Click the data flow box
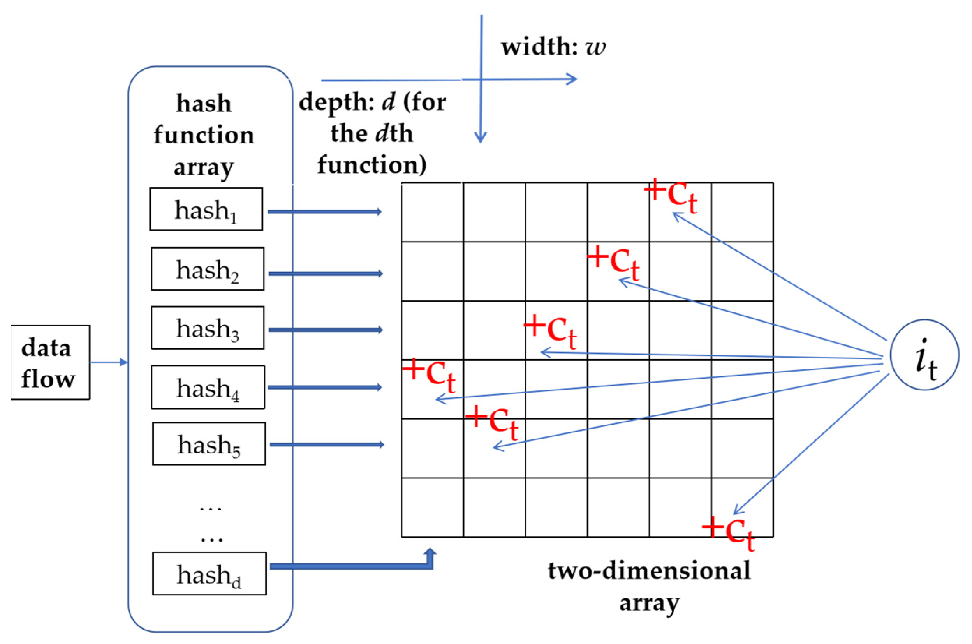click(x=50, y=362)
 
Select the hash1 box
click(x=206, y=209)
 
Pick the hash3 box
click(x=207, y=328)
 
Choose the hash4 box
click(x=208, y=387)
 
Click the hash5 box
click(x=209, y=444)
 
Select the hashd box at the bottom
click(x=210, y=574)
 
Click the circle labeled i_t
click(x=924, y=355)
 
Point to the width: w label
click(x=553, y=46)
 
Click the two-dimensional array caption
click(x=649, y=586)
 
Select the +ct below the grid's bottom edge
click(x=728, y=533)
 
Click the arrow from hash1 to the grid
click(x=324, y=212)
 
